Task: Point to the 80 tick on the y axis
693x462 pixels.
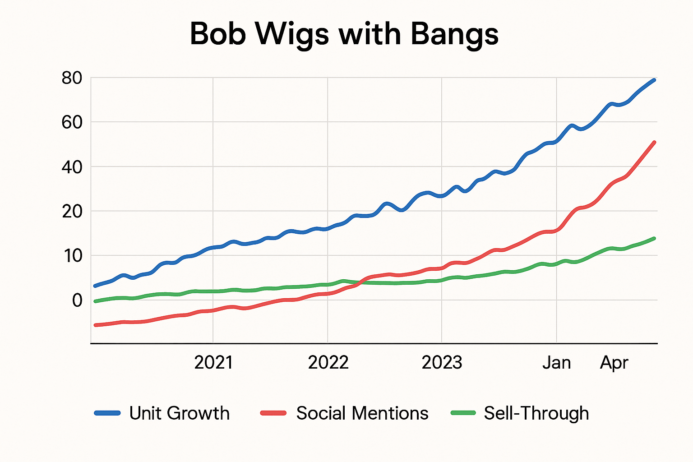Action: pyautogui.click(x=72, y=78)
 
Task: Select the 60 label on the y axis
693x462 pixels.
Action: pyautogui.click(x=72, y=122)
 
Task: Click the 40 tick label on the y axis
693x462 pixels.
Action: pyautogui.click(x=72, y=167)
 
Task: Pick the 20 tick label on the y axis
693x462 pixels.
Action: pyautogui.click(x=72, y=211)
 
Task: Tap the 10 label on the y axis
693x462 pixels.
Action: pyautogui.click(x=72, y=256)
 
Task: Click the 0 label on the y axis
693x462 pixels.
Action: pyautogui.click(x=78, y=300)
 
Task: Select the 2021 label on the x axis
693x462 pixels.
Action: pyautogui.click(x=213, y=363)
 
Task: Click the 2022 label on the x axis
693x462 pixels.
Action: pyautogui.click(x=328, y=363)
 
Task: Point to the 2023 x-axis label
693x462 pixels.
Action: pyautogui.click(x=442, y=363)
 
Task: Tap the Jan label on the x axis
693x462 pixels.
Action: pyautogui.click(x=556, y=363)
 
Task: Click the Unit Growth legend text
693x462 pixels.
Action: pyautogui.click(x=179, y=413)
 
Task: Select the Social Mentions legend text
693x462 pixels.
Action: pyautogui.click(x=362, y=413)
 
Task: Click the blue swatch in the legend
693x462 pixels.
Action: pyautogui.click(x=107, y=413)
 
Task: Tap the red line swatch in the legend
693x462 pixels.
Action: pyautogui.click(x=273, y=413)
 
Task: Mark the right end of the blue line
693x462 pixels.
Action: pyautogui.click(x=654, y=80)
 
